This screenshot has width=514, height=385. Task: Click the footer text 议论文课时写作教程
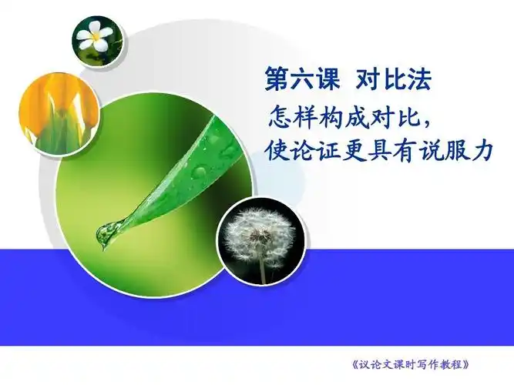(409, 363)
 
